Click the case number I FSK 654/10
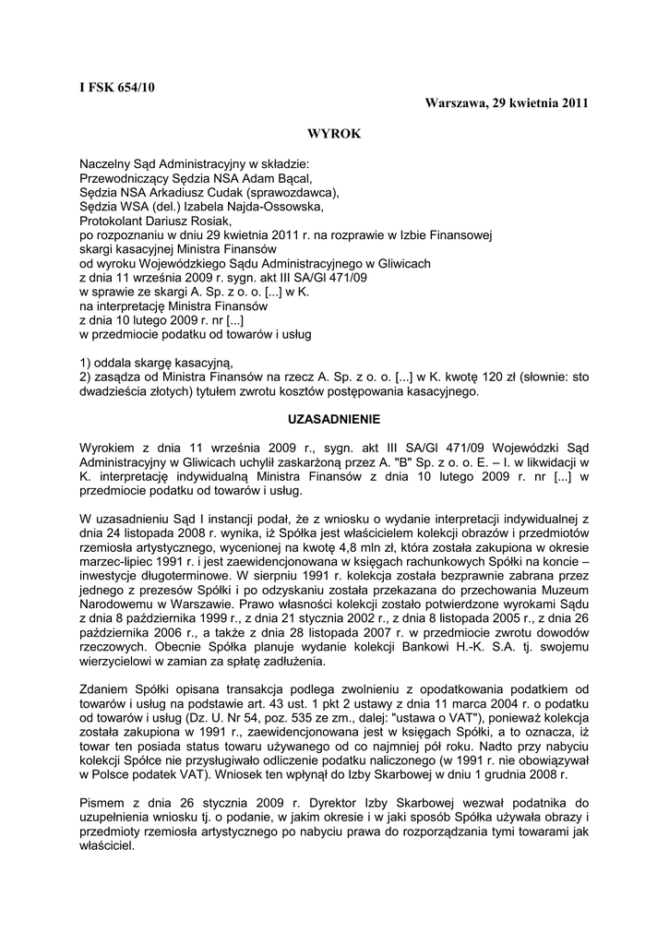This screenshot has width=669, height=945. point(117,88)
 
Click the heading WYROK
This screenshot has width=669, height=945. point(334,134)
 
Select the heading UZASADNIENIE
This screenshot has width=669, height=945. point(334,418)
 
